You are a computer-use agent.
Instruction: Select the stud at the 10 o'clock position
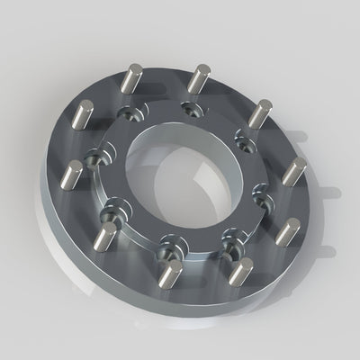[x=83, y=117]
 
